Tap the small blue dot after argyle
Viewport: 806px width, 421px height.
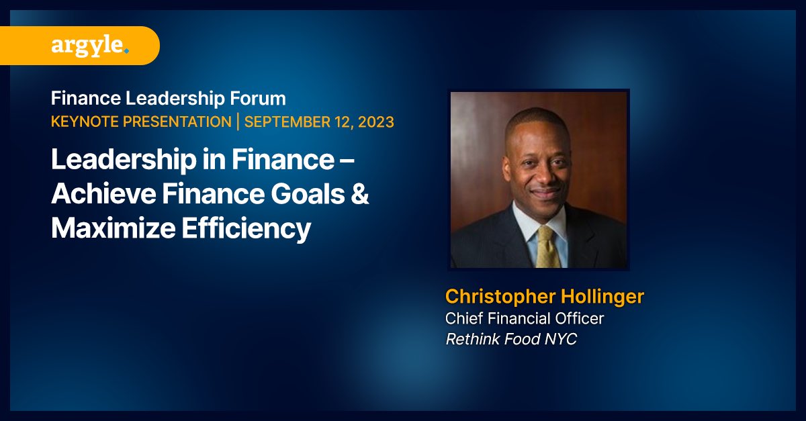tap(126, 50)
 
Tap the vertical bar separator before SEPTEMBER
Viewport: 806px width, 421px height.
tap(236, 122)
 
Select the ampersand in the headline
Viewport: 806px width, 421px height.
tap(359, 195)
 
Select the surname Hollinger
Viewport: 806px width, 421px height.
tap(602, 296)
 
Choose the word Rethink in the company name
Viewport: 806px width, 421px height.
tap(470, 339)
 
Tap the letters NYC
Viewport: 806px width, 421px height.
tap(561, 339)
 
